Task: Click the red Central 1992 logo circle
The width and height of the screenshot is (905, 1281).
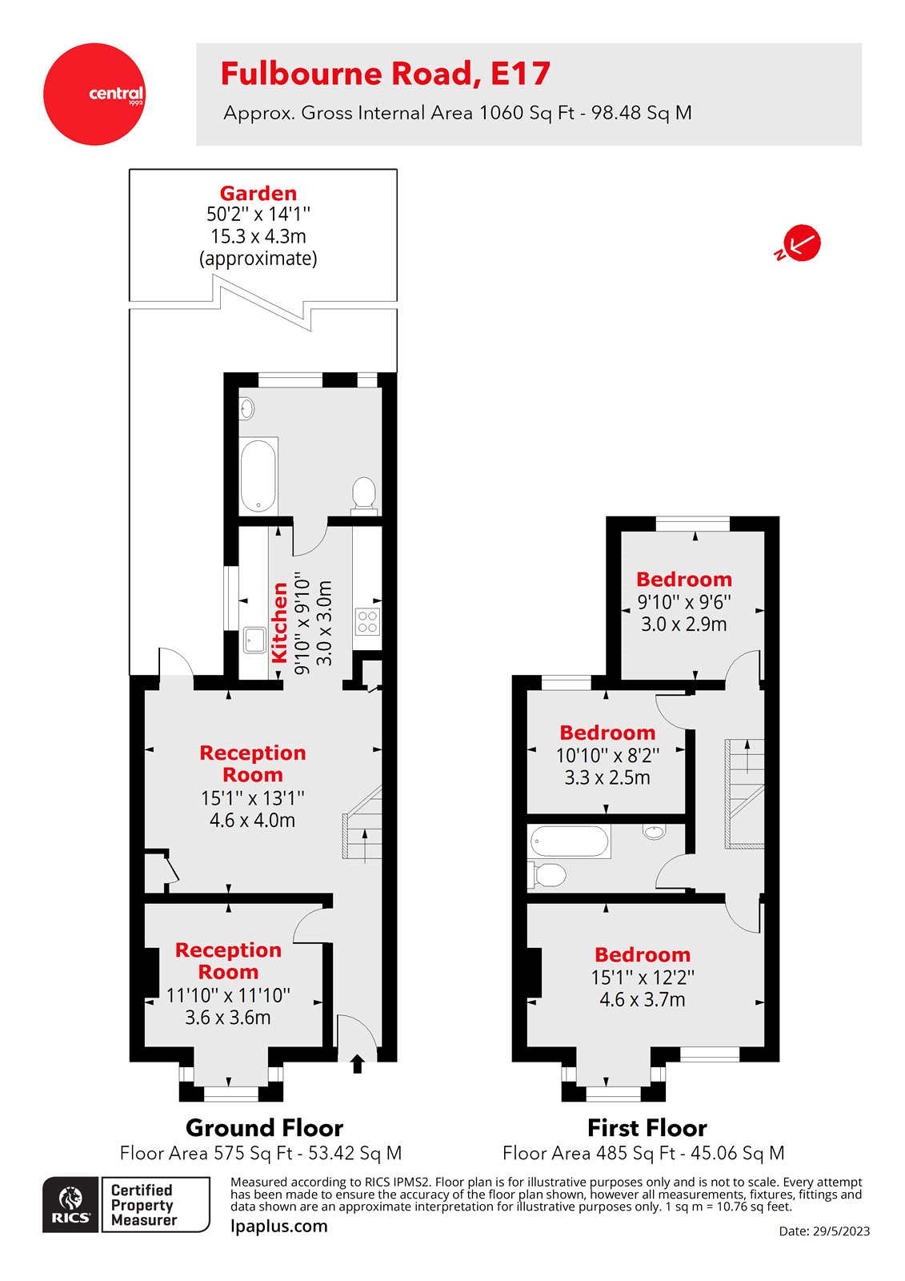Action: click(94, 94)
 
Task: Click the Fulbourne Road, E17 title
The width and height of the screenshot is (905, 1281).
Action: click(385, 74)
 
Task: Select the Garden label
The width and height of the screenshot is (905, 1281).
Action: click(258, 193)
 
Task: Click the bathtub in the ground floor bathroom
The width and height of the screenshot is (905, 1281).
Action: click(258, 475)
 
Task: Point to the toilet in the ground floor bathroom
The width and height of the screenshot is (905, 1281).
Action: click(364, 493)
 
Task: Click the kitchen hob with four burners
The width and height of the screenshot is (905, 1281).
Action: click(367, 621)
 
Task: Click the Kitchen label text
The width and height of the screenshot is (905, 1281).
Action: click(279, 622)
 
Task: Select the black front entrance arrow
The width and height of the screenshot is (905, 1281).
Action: click(357, 1063)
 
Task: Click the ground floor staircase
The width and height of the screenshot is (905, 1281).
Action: click(362, 824)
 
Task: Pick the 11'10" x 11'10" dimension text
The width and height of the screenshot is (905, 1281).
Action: click(228, 995)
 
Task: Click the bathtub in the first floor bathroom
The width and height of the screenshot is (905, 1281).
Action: click(570, 841)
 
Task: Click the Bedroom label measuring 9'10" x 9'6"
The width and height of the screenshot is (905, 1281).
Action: click(684, 579)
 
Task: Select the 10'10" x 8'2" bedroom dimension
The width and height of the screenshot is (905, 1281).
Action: click(607, 755)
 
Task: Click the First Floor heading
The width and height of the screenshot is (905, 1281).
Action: click(647, 1128)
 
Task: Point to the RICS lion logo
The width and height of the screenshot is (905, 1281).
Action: click(71, 1204)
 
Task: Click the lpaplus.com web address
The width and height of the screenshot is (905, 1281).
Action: click(279, 1226)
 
